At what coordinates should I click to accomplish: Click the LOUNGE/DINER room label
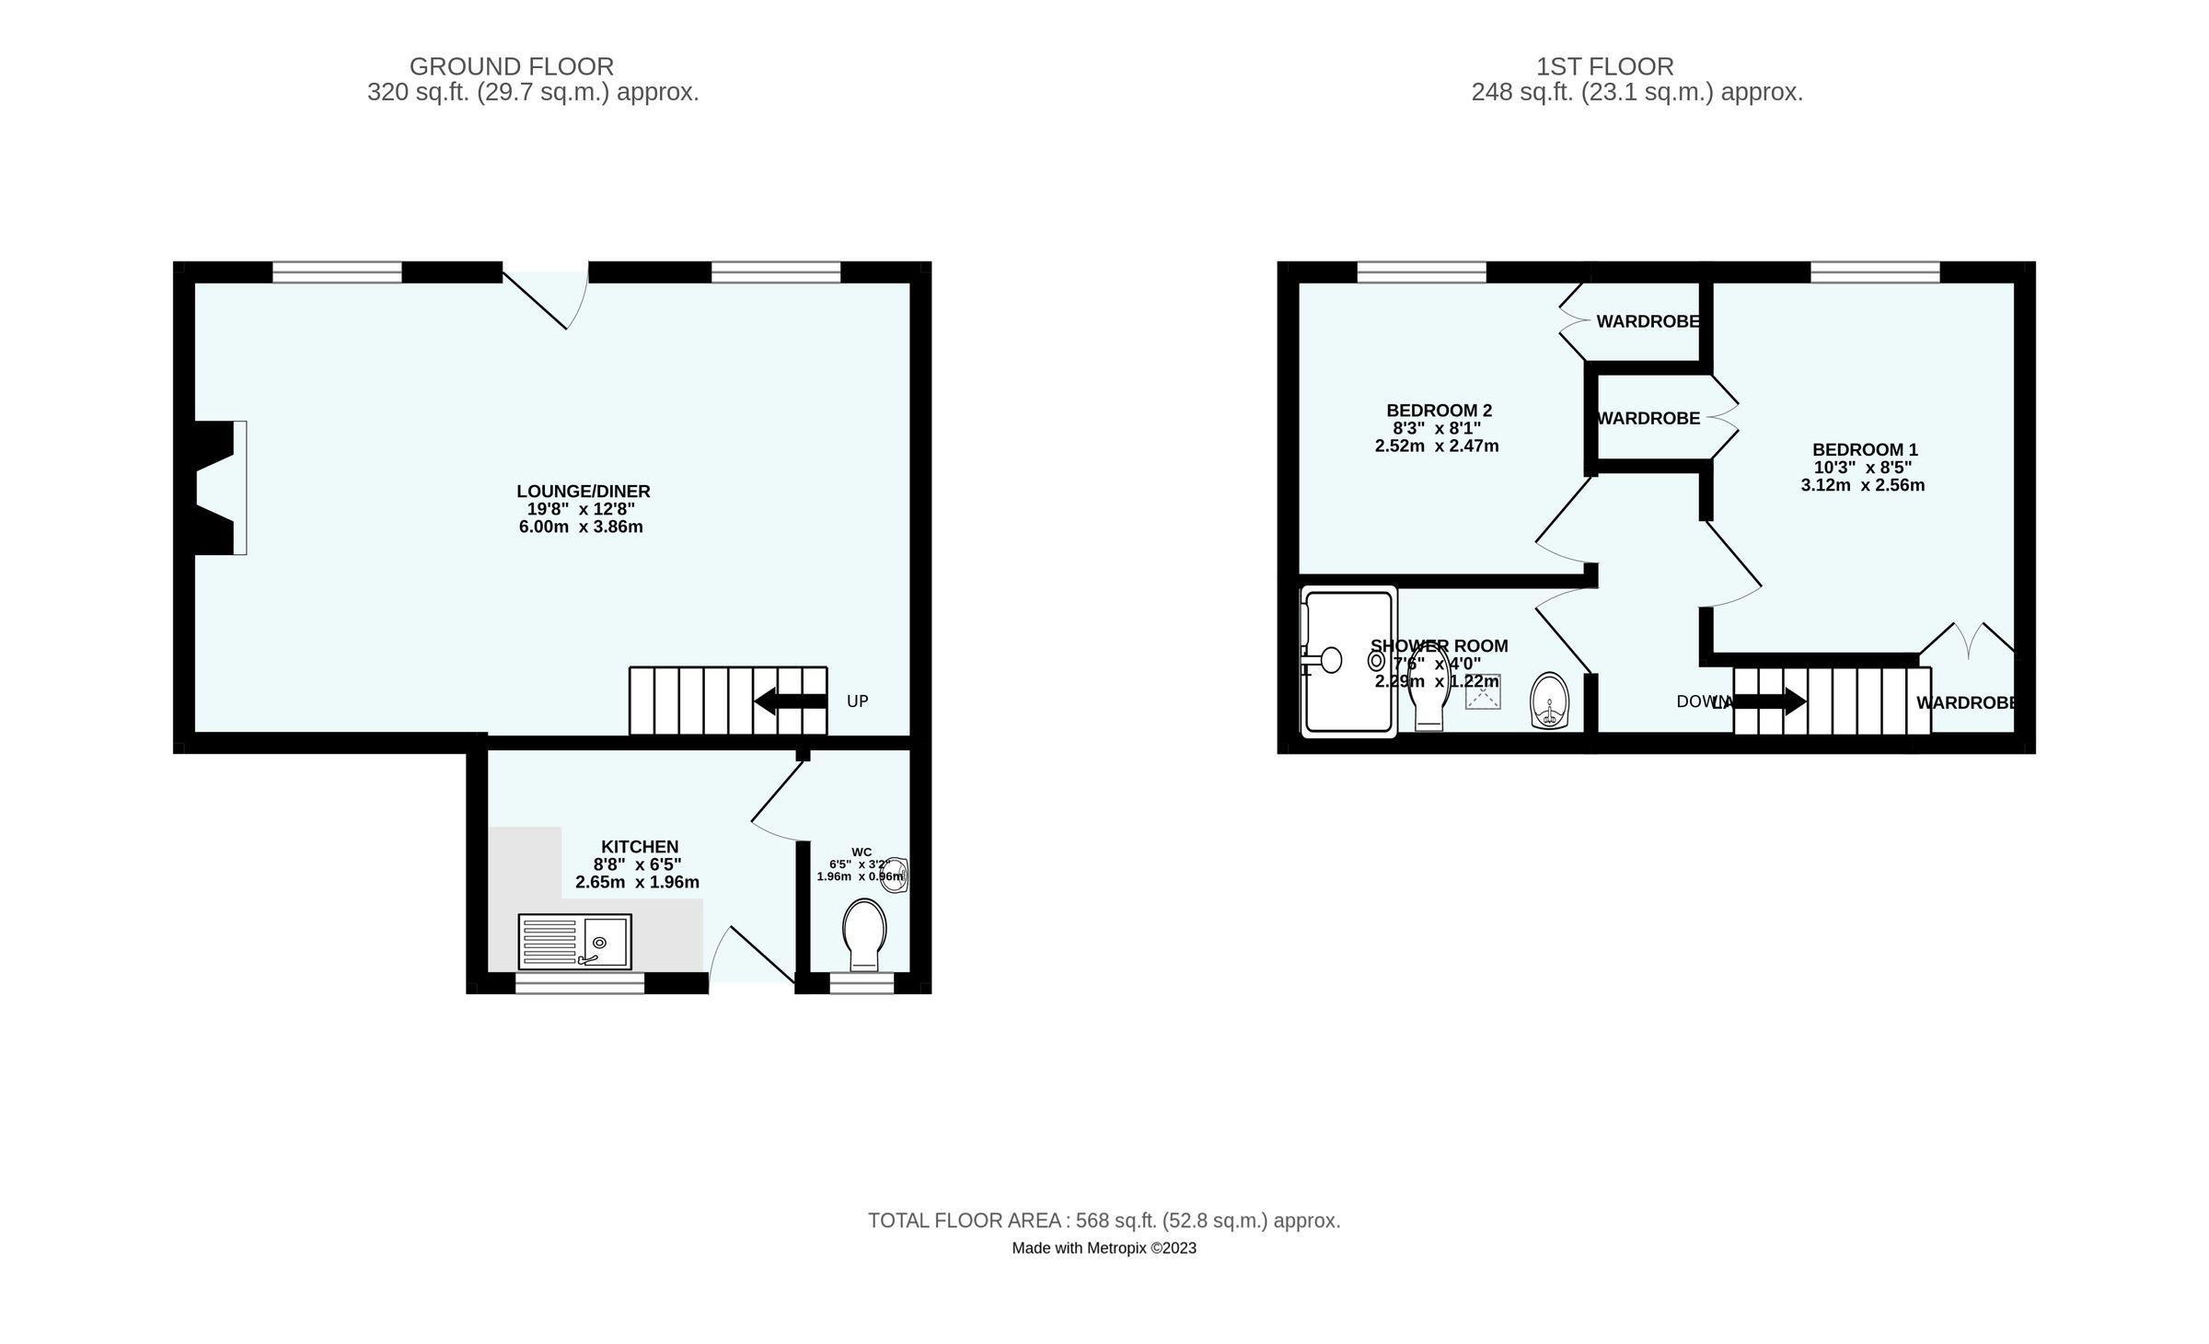[x=583, y=492]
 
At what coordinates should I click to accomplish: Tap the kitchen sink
[x=575, y=942]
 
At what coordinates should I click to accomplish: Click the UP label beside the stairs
[x=857, y=701]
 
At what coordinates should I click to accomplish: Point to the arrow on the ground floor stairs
[x=789, y=701]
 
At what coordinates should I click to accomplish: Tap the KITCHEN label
[x=640, y=847]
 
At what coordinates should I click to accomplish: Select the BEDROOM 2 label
[x=1439, y=411]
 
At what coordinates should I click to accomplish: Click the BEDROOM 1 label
[x=1865, y=450]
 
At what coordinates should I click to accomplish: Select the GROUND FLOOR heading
[x=512, y=67]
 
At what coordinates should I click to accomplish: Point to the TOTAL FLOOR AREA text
[x=1104, y=1221]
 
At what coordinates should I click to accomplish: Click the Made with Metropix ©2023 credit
[x=1104, y=1248]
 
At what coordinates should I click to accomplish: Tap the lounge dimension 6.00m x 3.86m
[x=581, y=527]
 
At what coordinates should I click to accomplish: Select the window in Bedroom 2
[x=1421, y=272]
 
